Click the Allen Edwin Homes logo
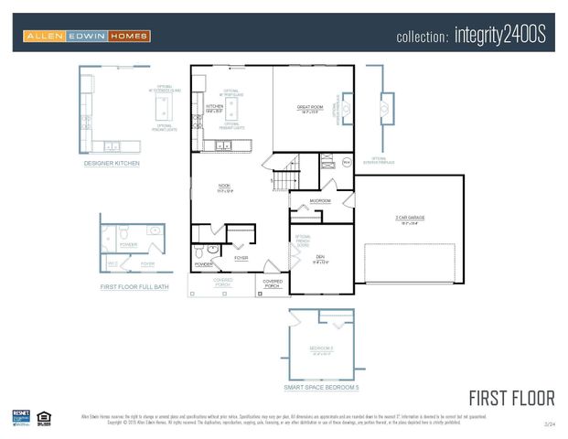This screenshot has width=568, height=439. coord(87,36)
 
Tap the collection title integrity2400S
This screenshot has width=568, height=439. coord(470,36)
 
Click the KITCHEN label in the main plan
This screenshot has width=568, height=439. coord(215,107)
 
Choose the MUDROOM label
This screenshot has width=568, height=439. coord(320,199)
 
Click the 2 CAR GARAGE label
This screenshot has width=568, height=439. coord(410,218)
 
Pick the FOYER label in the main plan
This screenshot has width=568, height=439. coord(241,258)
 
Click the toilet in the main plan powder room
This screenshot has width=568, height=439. coord(200,251)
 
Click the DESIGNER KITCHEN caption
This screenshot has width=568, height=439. coord(112,163)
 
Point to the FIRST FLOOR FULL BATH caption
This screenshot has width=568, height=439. coord(134,287)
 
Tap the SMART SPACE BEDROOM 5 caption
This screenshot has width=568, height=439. coord(321,388)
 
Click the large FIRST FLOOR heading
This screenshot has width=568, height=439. coord(511,398)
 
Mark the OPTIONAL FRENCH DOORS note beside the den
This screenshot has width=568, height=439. coord(303,241)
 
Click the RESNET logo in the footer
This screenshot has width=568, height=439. coord(21,417)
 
